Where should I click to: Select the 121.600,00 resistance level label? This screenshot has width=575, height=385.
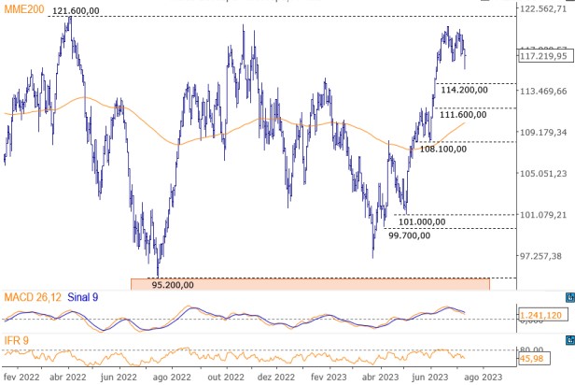tap(79, 10)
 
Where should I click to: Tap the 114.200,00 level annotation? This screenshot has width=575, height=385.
tap(466, 91)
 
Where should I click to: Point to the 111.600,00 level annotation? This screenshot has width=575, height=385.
tap(463, 115)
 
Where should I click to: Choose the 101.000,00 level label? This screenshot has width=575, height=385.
tap(423, 221)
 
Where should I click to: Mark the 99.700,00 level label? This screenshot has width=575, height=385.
tap(411, 235)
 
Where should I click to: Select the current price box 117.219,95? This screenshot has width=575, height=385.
tap(544, 56)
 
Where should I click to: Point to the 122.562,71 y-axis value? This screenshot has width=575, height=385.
tap(543, 8)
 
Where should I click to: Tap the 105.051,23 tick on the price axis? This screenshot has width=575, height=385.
tap(543, 174)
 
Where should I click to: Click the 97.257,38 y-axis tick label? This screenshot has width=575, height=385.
tap(543, 256)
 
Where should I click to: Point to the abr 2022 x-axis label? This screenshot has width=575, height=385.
tap(68, 376)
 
